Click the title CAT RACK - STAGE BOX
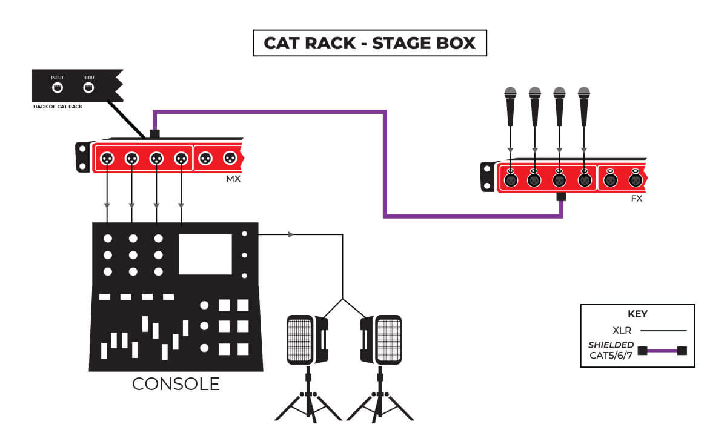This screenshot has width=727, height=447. click(x=370, y=44)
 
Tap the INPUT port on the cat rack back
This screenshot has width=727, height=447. click(x=58, y=87)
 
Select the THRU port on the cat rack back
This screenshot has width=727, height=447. click(x=88, y=87)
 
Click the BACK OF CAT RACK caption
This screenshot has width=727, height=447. click(x=58, y=107)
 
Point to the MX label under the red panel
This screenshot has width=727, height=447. click(x=233, y=179)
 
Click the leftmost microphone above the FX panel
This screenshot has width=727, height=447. click(x=510, y=106)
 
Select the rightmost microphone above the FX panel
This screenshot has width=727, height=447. click(x=583, y=106)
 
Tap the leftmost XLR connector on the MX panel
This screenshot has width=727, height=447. click(x=107, y=158)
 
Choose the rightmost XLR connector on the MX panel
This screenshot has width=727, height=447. click(x=230, y=158)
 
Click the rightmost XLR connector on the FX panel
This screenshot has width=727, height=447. click(x=635, y=180)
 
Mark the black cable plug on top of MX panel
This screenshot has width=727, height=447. click(x=154, y=133)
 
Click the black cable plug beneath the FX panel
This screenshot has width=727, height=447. click(x=561, y=197)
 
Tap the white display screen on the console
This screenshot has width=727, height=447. click(x=205, y=254)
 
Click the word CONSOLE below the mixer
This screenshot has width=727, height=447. click(x=176, y=384)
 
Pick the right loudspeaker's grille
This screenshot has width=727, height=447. click(x=388, y=340)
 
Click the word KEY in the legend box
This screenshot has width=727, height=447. click(x=637, y=314)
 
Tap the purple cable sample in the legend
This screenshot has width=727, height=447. click(x=662, y=350)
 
